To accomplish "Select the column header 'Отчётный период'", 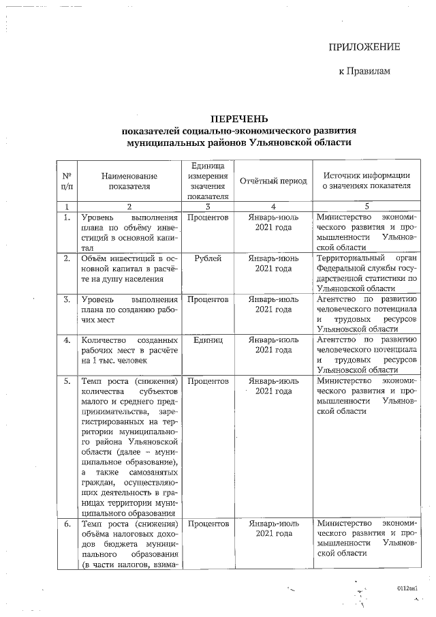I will click(x=273, y=181).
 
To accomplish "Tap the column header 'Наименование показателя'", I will click(x=129, y=181).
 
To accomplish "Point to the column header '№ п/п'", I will click(x=66, y=181).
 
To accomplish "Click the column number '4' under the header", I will click(x=273, y=206).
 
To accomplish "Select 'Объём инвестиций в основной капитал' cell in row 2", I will click(x=129, y=268).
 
